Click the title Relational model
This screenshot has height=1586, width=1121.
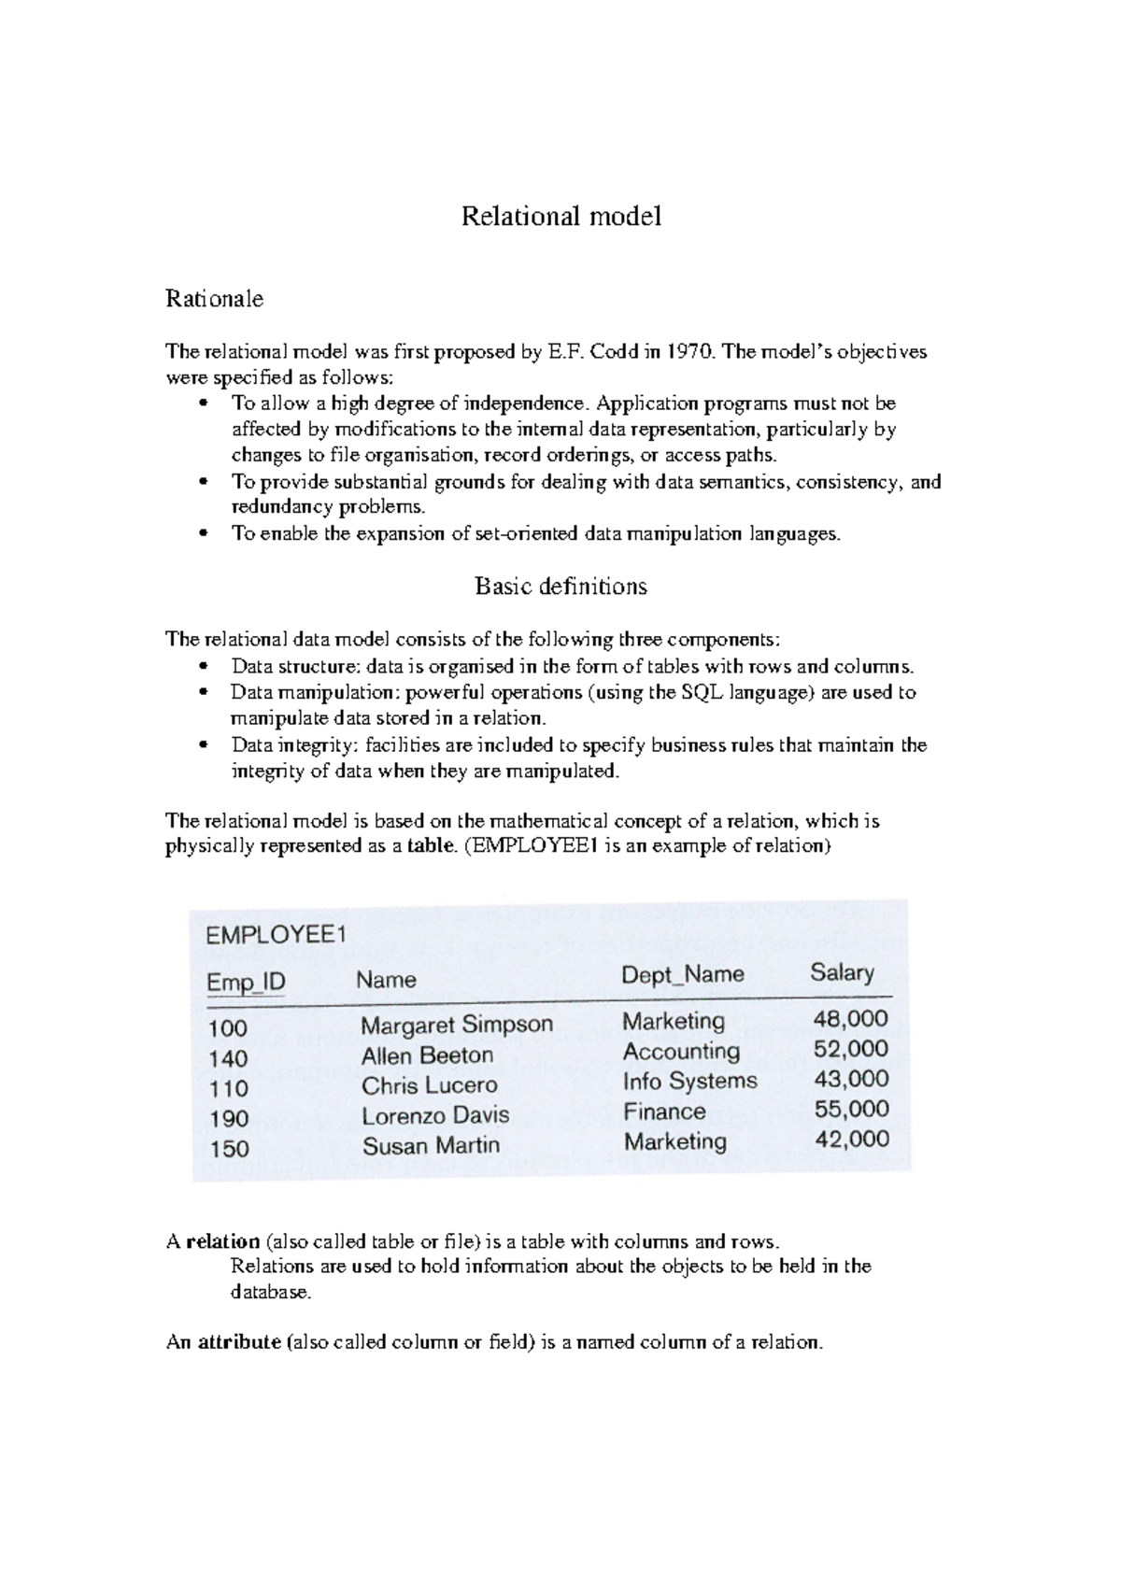click(x=561, y=217)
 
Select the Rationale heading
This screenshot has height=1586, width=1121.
click(x=214, y=299)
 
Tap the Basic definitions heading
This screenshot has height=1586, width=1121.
click(x=560, y=587)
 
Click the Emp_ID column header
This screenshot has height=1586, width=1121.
click(x=246, y=983)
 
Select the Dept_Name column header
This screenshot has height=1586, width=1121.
click(x=683, y=975)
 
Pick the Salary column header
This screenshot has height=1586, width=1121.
click(x=842, y=972)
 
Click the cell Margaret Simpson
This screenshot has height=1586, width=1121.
click(x=457, y=1025)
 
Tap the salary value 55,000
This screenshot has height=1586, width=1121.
click(x=851, y=1110)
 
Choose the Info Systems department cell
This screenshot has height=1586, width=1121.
click(x=689, y=1081)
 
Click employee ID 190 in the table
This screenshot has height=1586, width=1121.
click(x=228, y=1118)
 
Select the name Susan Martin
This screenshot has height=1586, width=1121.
click(x=431, y=1145)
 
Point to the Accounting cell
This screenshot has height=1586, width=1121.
click(x=681, y=1051)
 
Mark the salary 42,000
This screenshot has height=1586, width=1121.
click(x=851, y=1140)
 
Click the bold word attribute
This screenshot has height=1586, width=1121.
click(x=239, y=1343)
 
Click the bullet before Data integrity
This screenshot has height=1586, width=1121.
click(x=203, y=746)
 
